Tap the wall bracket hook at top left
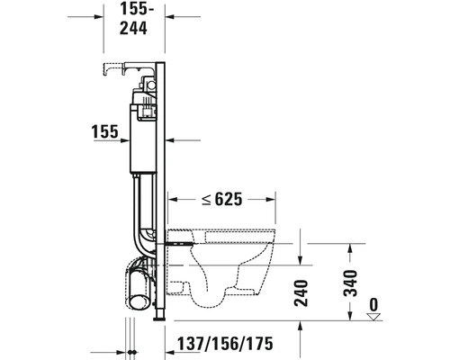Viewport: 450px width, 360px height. coord(112,67)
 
